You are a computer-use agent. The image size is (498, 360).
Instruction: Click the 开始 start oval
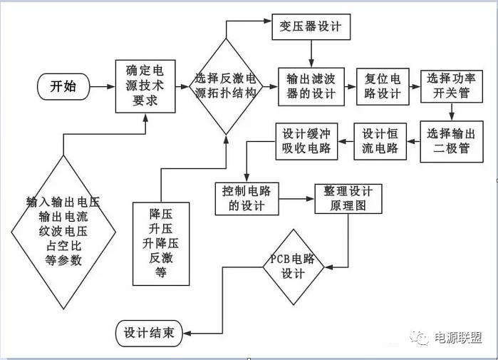click(x=63, y=87)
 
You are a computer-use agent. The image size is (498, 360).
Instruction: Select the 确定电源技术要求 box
click(x=145, y=86)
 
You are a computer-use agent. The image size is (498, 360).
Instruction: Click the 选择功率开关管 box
click(x=449, y=86)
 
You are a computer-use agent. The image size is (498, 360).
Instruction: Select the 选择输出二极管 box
click(x=449, y=140)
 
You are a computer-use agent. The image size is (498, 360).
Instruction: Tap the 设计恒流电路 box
click(x=380, y=140)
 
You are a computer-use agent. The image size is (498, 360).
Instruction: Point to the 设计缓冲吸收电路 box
click(x=306, y=140)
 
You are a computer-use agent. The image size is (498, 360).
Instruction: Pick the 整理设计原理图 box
click(x=348, y=198)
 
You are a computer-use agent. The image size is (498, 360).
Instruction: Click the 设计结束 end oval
click(x=149, y=332)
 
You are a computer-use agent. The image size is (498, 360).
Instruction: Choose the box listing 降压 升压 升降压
click(x=161, y=242)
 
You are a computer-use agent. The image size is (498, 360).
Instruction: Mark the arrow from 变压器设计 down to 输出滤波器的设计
click(x=311, y=55)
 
